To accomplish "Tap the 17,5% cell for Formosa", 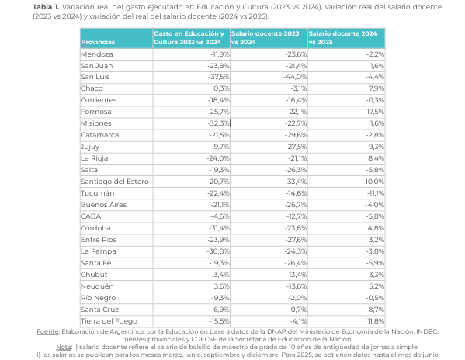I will pyautogui.click(x=376, y=112).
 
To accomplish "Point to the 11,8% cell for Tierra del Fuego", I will pyautogui.click(x=376, y=320).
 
